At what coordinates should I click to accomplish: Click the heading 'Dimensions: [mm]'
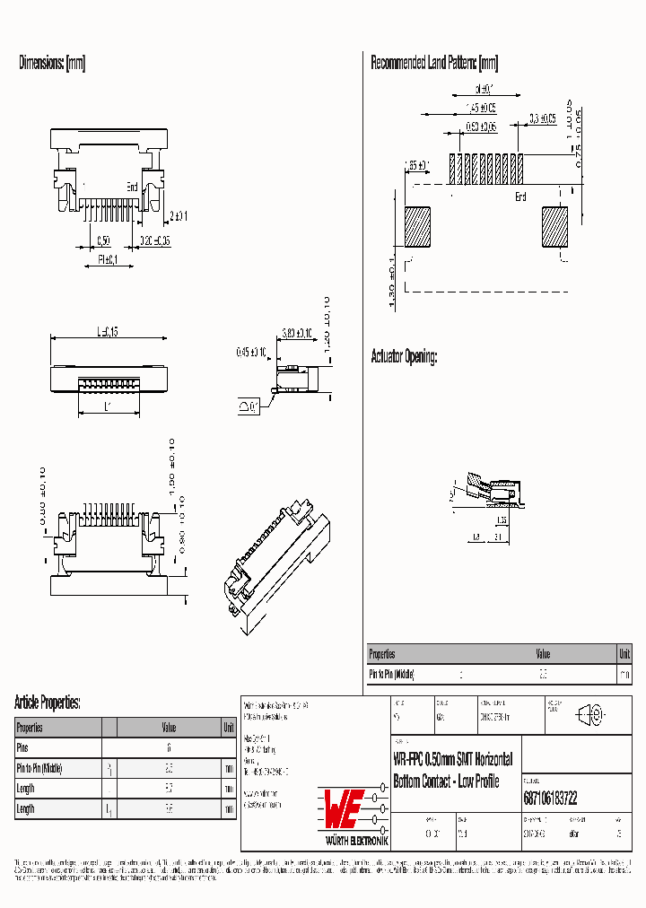click(x=52, y=63)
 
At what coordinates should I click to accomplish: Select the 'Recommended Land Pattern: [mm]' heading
click(x=434, y=63)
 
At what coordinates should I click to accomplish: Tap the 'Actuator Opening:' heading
click(x=404, y=357)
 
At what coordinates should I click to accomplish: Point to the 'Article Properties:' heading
click(x=48, y=702)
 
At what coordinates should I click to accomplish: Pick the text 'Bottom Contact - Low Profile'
click(x=446, y=782)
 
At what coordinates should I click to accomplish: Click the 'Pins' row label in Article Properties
click(x=23, y=747)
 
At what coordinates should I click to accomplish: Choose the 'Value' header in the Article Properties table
click(x=169, y=728)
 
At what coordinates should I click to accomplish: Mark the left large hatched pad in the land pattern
click(x=417, y=226)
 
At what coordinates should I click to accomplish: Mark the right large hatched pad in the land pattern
click(x=554, y=226)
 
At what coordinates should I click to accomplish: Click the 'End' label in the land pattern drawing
click(x=520, y=196)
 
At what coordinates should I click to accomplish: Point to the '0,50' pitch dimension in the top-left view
click(x=103, y=241)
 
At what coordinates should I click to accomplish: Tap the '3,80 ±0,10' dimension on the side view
click(x=296, y=333)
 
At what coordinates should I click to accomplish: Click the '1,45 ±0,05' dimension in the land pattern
click(x=481, y=109)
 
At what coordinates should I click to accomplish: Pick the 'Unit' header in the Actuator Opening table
click(x=624, y=654)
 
